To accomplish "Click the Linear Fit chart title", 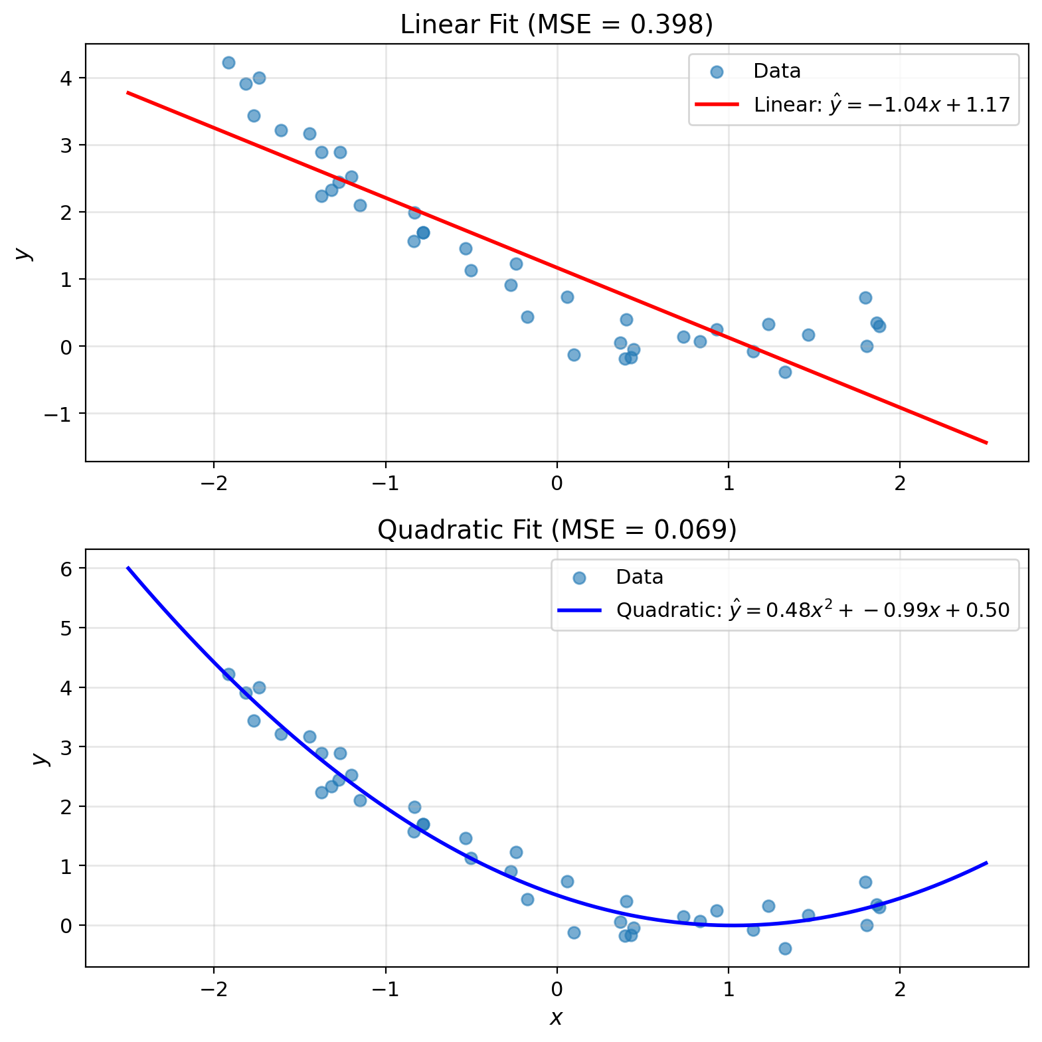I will pyautogui.click(x=557, y=25).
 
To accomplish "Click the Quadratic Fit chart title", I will pyautogui.click(x=557, y=530).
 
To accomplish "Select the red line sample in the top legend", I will pyautogui.click(x=717, y=104).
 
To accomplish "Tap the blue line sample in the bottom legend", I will pyautogui.click(x=579, y=610).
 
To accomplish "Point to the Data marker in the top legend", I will pyautogui.click(x=717, y=72).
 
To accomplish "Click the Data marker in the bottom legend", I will pyautogui.click(x=579, y=577).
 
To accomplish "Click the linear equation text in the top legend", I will pyautogui.click(x=882, y=104).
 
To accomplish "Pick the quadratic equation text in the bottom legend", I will pyautogui.click(x=813, y=610).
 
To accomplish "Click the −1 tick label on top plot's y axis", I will pyautogui.click(x=60, y=414).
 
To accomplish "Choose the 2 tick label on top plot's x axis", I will pyautogui.click(x=900, y=483).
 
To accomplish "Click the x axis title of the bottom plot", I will pyautogui.click(x=557, y=1017).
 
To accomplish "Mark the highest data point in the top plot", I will pyautogui.click(x=228, y=62).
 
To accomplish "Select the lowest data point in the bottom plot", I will pyautogui.click(x=785, y=948).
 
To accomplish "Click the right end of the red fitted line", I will pyautogui.click(x=987, y=442).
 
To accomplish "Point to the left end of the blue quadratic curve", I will pyautogui.click(x=128, y=567).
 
